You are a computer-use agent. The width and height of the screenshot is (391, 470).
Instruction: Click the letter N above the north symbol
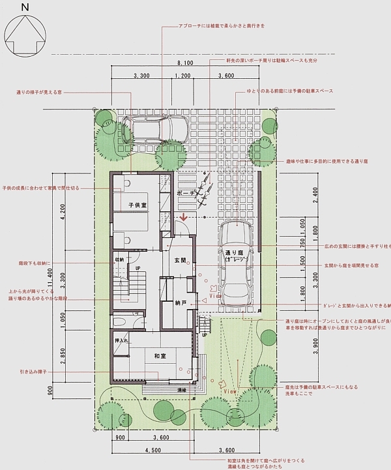(24, 7)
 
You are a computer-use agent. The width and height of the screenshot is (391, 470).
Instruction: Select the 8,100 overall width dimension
(185, 63)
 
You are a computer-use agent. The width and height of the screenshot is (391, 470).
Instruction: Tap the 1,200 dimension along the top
(183, 77)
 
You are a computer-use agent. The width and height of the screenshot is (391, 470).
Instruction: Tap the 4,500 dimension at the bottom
(152, 449)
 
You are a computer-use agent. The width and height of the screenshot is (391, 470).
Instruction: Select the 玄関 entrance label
(181, 260)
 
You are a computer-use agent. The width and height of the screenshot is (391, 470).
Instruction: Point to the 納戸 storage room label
(181, 302)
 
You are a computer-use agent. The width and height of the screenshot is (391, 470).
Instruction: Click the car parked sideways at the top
(154, 129)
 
